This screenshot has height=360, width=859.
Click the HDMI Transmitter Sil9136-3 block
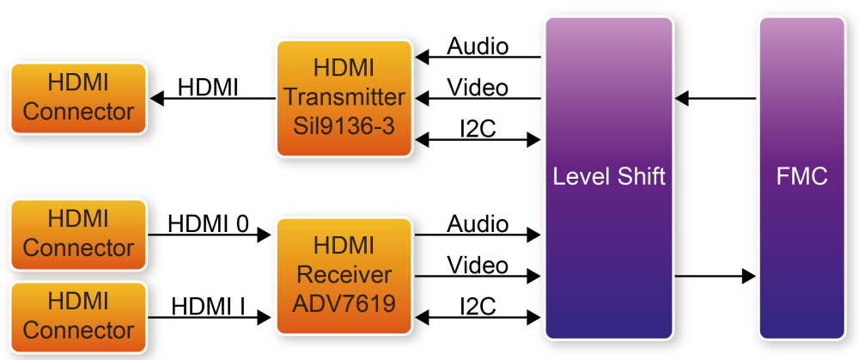[344, 98]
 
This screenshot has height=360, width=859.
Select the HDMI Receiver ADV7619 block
[344, 275]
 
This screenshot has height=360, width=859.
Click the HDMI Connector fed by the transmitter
[78, 98]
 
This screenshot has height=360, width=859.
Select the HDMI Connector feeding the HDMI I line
[78, 315]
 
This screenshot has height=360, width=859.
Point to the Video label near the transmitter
[478, 88]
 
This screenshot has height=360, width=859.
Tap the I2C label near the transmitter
[478, 128]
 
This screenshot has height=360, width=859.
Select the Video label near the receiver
[478, 265]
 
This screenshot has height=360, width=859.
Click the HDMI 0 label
[209, 224]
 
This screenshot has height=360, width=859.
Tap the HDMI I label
[209, 305]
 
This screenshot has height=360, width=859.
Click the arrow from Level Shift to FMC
[715, 276]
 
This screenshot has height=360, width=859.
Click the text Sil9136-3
[344, 127]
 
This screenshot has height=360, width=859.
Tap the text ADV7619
[344, 302]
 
